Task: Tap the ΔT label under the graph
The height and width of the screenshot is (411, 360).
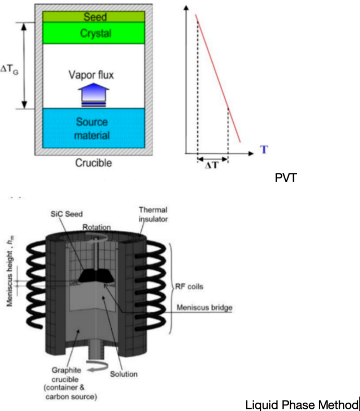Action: coord(212,166)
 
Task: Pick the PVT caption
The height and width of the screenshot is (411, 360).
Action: coord(286,178)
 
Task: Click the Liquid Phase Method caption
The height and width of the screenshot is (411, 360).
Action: coord(302,404)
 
